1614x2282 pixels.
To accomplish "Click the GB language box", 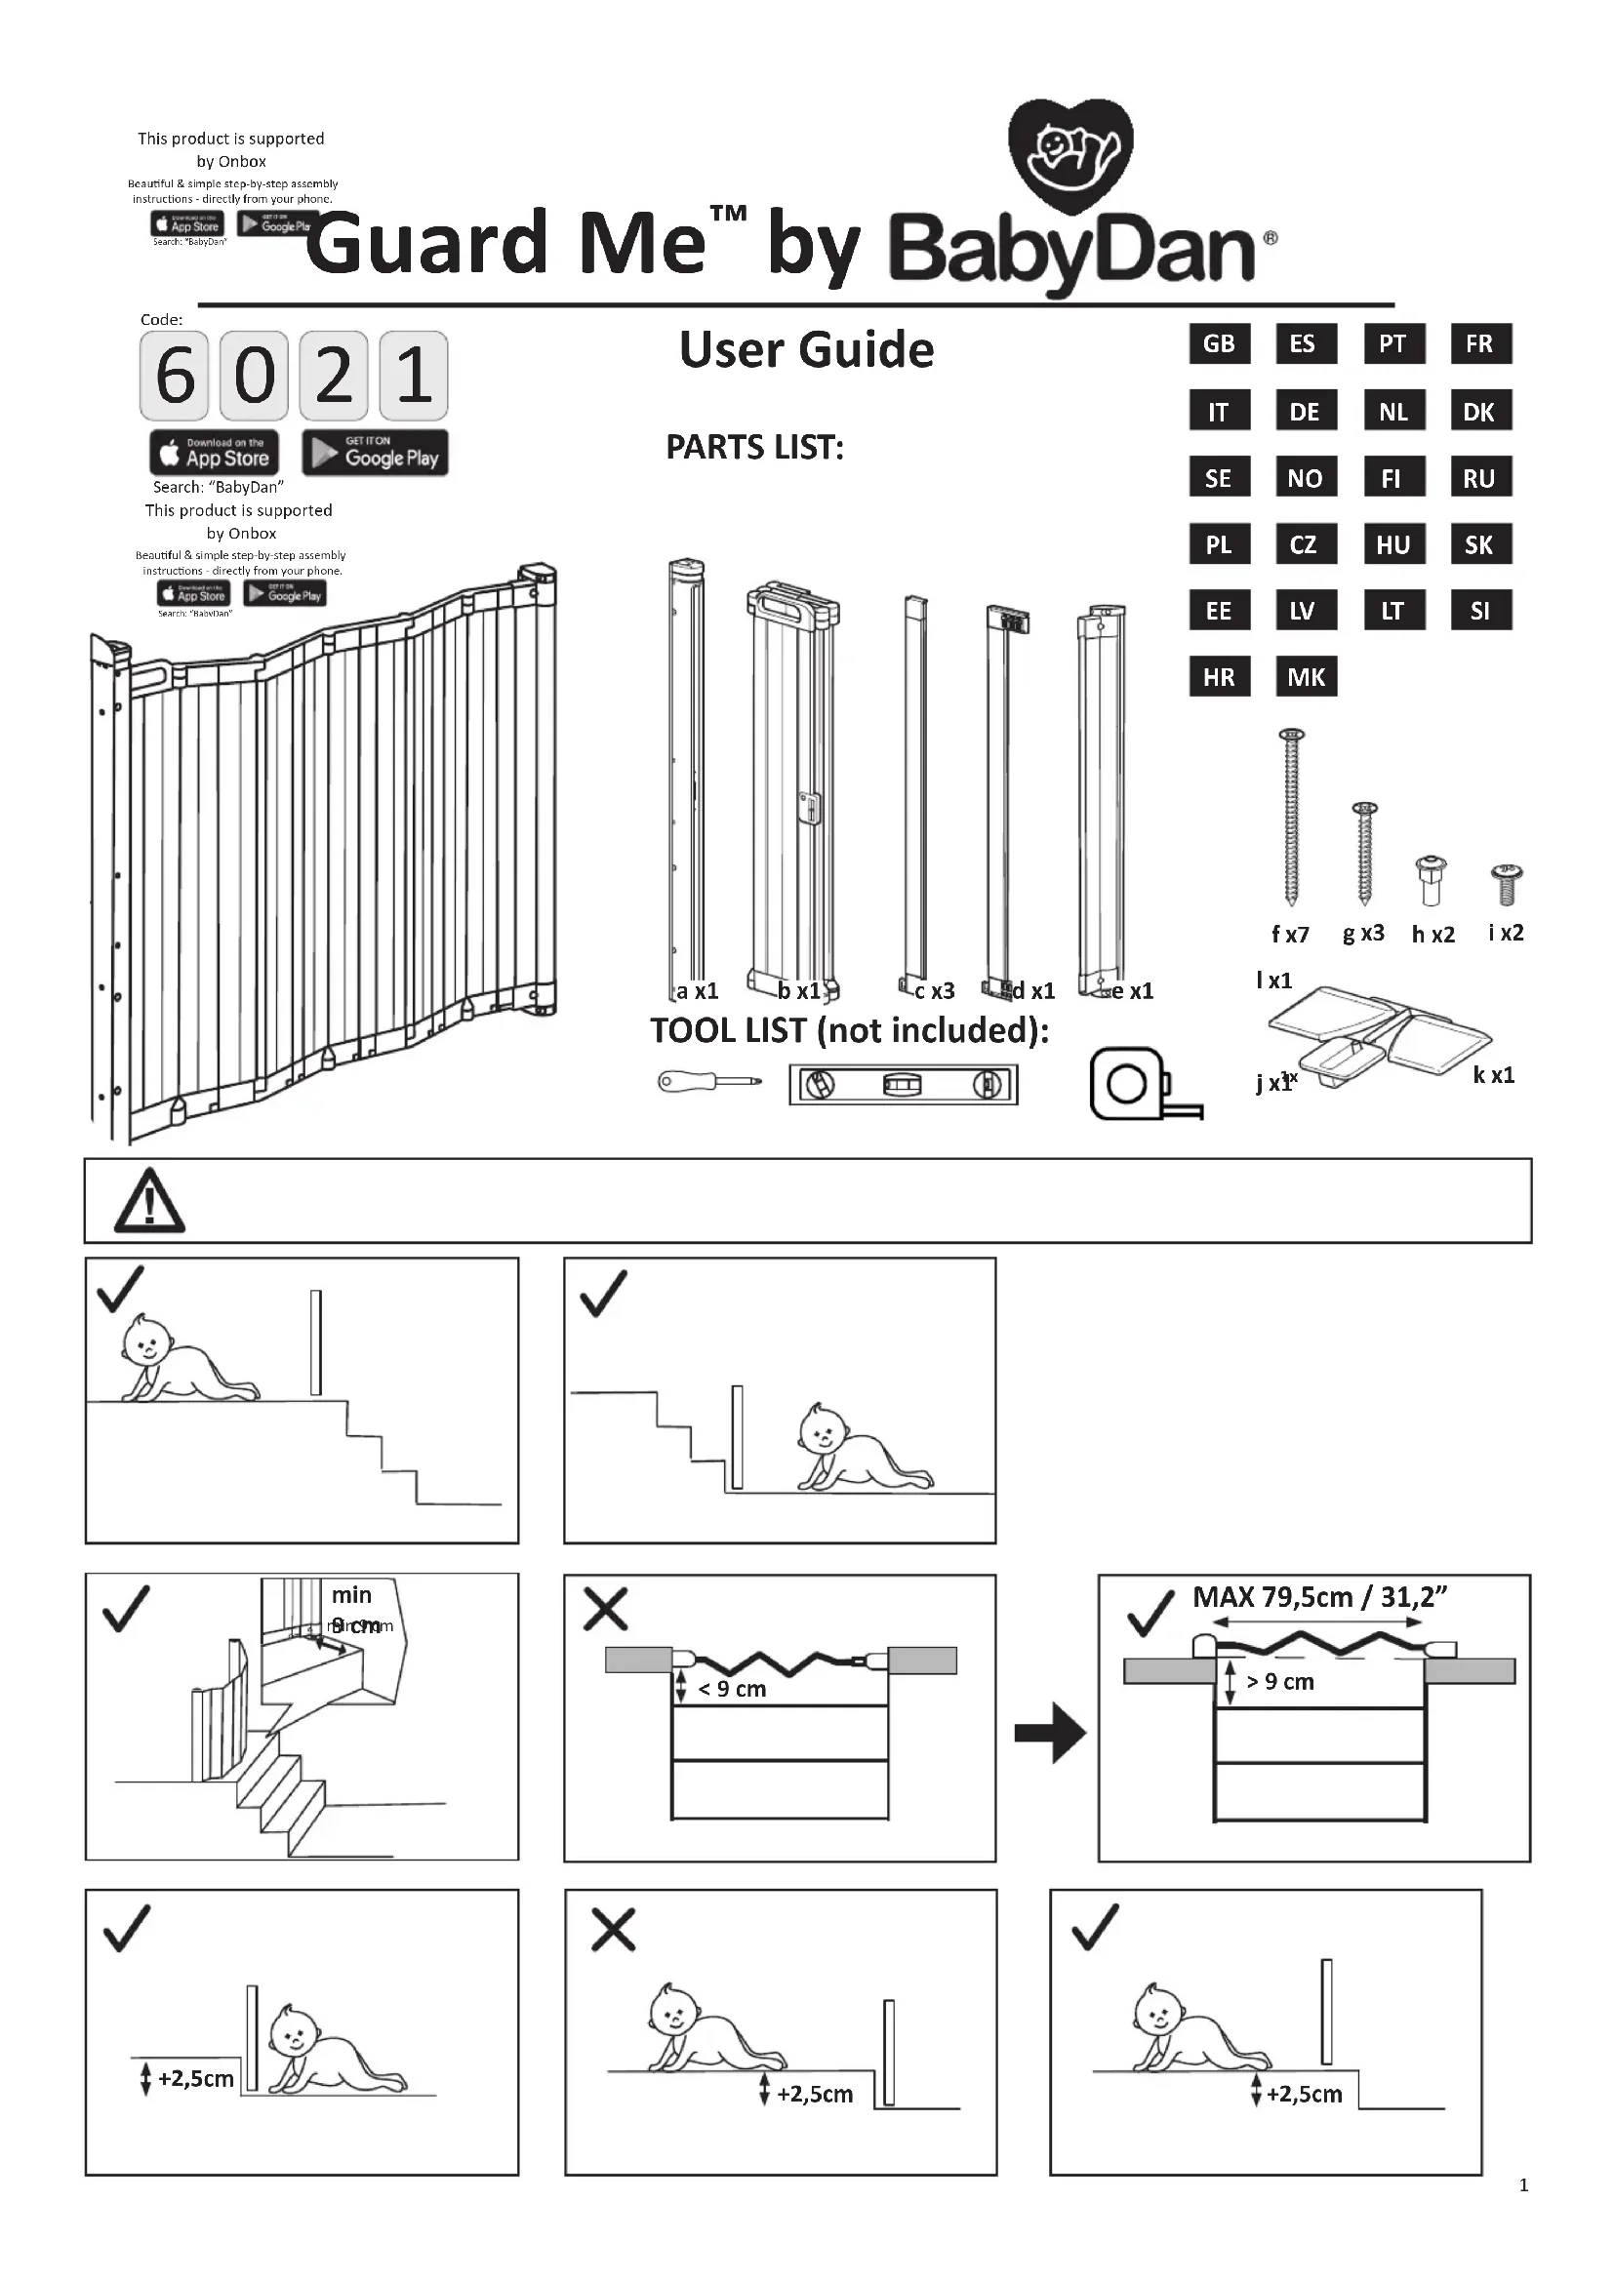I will point(1219,343).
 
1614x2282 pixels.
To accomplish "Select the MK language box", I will point(1305,677).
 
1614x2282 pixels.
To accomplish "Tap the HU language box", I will point(1392,544).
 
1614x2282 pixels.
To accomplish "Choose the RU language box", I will point(1478,478).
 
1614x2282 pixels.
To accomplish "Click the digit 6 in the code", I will point(175,376).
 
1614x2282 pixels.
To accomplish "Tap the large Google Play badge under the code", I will point(375,454).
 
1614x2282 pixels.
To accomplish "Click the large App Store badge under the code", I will point(215,454).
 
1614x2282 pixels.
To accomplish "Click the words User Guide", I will point(806,350).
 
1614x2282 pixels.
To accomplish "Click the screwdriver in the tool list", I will point(708,1081).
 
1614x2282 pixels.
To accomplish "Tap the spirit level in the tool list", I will point(903,1084).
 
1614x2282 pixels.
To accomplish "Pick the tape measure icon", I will point(1139,1084).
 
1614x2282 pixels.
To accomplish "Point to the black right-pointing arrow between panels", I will point(1051,1734).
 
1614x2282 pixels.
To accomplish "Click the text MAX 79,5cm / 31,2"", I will point(1319,1597).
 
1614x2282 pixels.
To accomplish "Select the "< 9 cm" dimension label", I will point(733,1689).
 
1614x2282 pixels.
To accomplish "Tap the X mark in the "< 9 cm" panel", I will point(605,1609).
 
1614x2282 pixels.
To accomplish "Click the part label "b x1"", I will point(799,991).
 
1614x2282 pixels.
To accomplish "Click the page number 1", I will point(1523,2184).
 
